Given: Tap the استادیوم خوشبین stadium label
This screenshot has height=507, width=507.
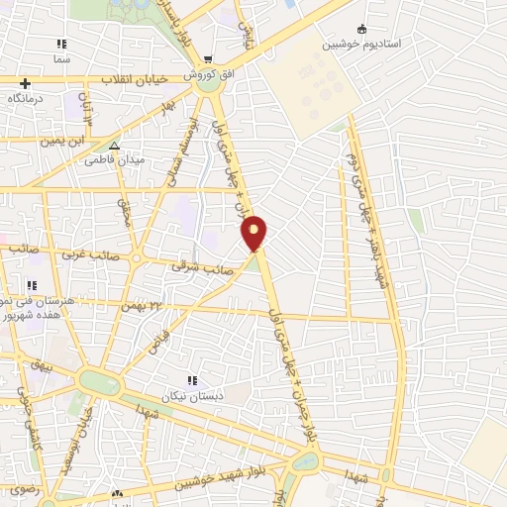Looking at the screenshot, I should coord(360,45).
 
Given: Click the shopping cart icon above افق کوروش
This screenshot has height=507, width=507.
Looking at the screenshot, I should coord(208,59).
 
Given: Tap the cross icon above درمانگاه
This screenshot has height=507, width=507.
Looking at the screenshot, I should coord(25,84).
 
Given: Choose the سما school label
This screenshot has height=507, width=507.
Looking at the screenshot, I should coord(62,59).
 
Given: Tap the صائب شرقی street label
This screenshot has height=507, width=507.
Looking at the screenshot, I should coord(194,266).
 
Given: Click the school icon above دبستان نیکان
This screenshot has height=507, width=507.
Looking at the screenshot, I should coord(192,379).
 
